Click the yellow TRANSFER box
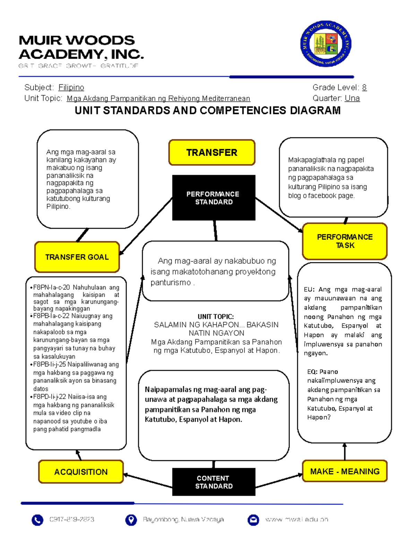pyautogui.click(x=212, y=153)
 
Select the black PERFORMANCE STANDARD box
pyautogui.click(x=214, y=198)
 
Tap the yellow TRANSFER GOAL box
pyautogui.click(x=77, y=257)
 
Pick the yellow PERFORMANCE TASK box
pyautogui.click(x=345, y=241)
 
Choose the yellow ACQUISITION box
pyautogui.click(x=81, y=472)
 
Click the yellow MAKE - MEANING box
pyautogui.click(x=345, y=471)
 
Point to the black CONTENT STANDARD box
pyautogui.click(x=214, y=482)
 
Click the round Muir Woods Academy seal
pyautogui.click(x=326, y=44)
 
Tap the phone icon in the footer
pyautogui.click(x=37, y=520)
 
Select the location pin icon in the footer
pyautogui.click(x=131, y=520)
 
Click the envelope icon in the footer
pyautogui.click(x=253, y=520)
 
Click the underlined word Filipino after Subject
pyautogui.click(x=71, y=87)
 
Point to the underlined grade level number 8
pyautogui.click(x=364, y=87)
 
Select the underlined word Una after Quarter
pyautogui.click(x=352, y=98)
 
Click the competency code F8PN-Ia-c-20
pyautogui.click(x=51, y=287)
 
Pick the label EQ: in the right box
pyautogui.click(x=312, y=372)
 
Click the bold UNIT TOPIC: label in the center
pyautogui.click(x=216, y=317)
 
